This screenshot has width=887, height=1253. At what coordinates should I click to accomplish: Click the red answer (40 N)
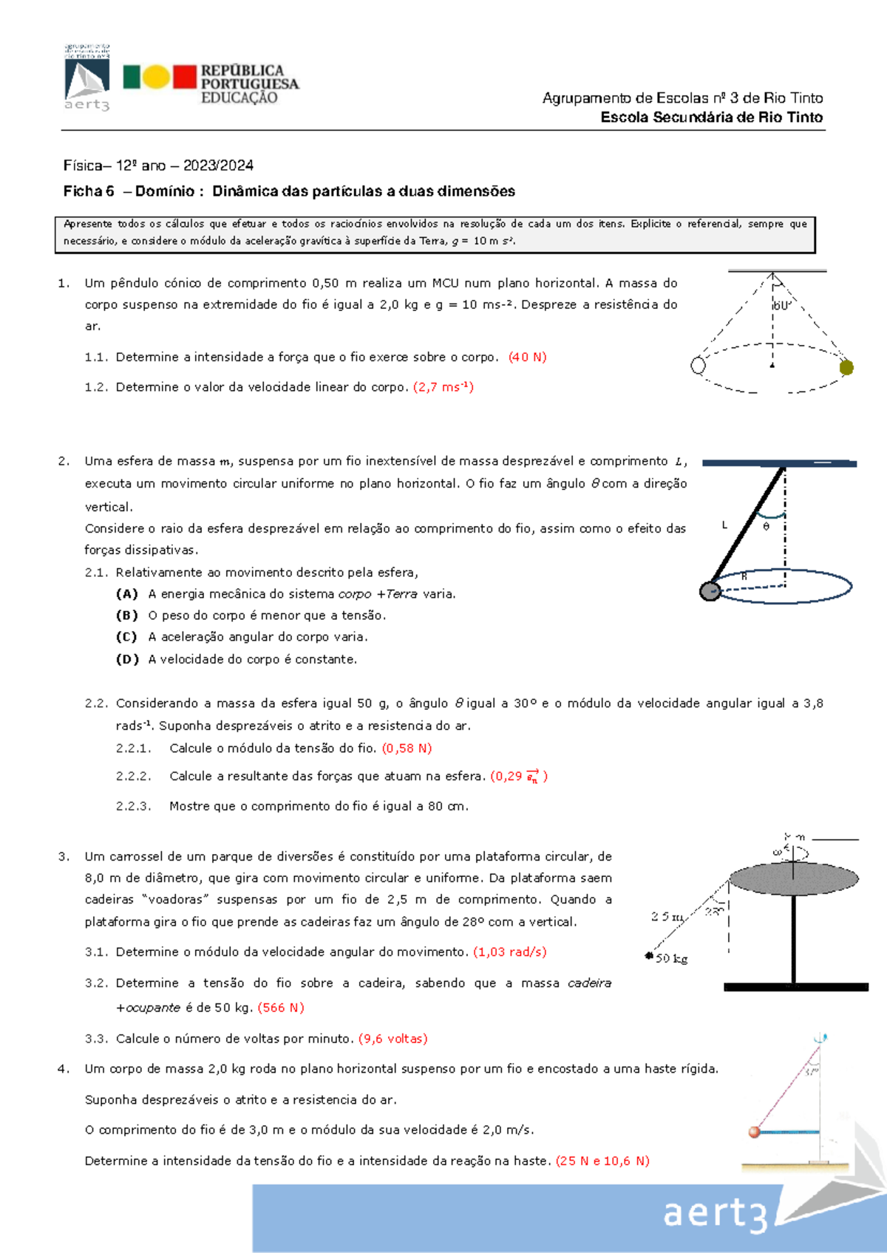tap(527, 357)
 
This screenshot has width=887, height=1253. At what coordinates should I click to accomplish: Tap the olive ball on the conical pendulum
tap(846, 367)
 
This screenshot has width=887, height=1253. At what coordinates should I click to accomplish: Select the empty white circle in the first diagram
tap(698, 365)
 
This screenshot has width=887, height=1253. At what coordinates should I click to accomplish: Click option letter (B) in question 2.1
tap(126, 615)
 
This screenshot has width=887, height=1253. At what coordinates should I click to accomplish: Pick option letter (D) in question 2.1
tap(126, 659)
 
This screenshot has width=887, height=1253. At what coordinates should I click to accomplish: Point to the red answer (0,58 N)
tap(407, 748)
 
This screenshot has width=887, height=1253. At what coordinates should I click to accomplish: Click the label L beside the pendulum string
tap(724, 525)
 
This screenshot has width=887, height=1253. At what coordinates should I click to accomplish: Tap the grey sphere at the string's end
tap(710, 591)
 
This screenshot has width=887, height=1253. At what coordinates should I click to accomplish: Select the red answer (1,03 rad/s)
tap(509, 952)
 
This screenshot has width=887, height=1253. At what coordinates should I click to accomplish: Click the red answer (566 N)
tap(281, 1008)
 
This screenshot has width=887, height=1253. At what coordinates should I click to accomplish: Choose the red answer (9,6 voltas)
tap(392, 1039)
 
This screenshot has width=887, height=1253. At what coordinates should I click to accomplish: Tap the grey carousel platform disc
tap(793, 878)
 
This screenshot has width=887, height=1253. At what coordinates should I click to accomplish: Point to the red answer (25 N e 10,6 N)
tap(602, 1161)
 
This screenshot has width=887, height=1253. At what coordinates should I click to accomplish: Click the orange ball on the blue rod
tap(754, 1132)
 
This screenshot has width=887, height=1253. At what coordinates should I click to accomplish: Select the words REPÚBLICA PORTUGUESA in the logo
tap(249, 78)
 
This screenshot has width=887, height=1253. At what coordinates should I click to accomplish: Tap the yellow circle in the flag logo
tap(156, 77)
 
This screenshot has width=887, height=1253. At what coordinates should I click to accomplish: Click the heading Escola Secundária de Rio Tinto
tap(711, 117)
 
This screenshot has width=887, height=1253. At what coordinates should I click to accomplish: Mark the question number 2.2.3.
tap(133, 806)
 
